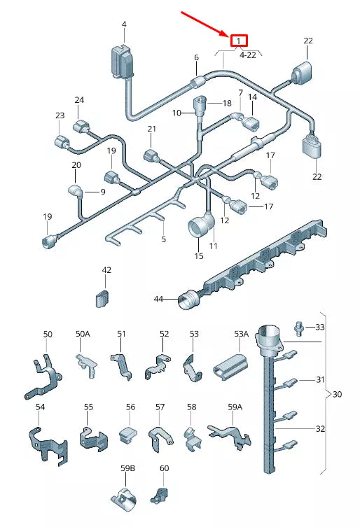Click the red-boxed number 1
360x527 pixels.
[x=239, y=41]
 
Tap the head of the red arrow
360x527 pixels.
[x=229, y=35]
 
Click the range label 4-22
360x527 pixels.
[x=248, y=55]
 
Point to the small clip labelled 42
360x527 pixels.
[x=103, y=297]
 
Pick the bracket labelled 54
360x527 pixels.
[x=48, y=444]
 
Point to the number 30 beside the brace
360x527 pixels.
[x=337, y=394]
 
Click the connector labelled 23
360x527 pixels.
[x=62, y=142]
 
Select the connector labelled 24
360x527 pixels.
[x=82, y=127]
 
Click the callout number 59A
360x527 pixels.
[x=235, y=407]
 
